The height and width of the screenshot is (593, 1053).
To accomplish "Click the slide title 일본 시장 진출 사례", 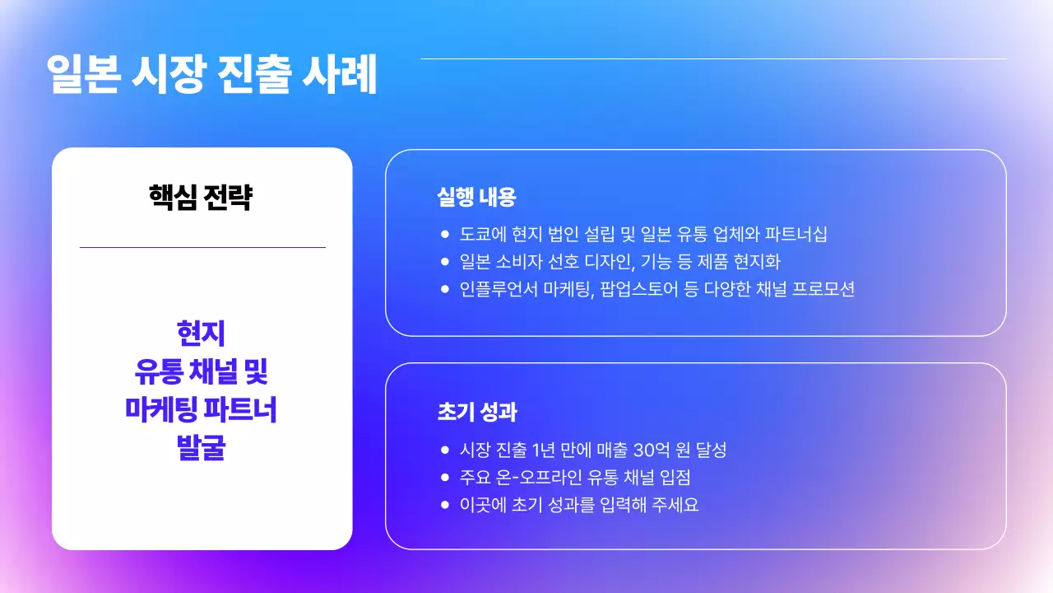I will point(212,75).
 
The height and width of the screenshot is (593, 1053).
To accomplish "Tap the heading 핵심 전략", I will point(201,198).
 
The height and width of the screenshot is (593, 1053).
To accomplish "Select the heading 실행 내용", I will point(476,198).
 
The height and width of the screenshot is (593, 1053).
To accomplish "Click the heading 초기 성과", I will point(476,412).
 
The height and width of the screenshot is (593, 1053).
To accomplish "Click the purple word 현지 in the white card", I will point(201,334).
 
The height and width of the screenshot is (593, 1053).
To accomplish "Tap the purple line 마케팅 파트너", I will point(201,409).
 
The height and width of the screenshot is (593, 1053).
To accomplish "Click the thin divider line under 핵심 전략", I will point(202,247).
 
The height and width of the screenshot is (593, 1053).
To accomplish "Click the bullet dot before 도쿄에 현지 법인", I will point(445,234).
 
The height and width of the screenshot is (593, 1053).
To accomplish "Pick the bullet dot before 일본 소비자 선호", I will point(445,262).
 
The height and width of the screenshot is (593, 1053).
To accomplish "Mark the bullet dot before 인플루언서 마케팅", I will point(445,289).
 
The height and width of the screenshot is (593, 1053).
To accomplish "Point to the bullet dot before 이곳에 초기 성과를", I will point(445,504).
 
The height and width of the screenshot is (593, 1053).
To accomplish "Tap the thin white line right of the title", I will point(713,58).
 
